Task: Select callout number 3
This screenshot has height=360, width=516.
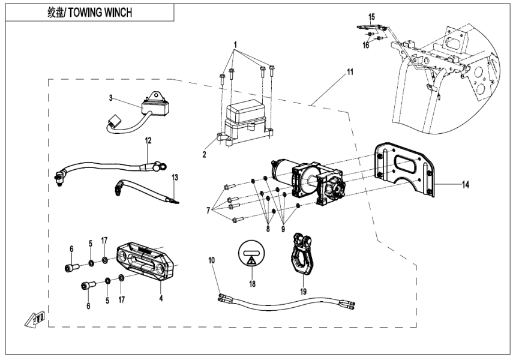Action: pyautogui.click(x=111, y=97)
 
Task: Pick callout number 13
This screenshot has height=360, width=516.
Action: pyautogui.click(x=175, y=178)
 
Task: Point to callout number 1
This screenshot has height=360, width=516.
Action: pyautogui.click(x=236, y=45)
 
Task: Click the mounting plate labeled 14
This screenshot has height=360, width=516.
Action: pyautogui.click(x=403, y=169)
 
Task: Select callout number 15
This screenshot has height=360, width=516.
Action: pyautogui.click(x=371, y=16)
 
